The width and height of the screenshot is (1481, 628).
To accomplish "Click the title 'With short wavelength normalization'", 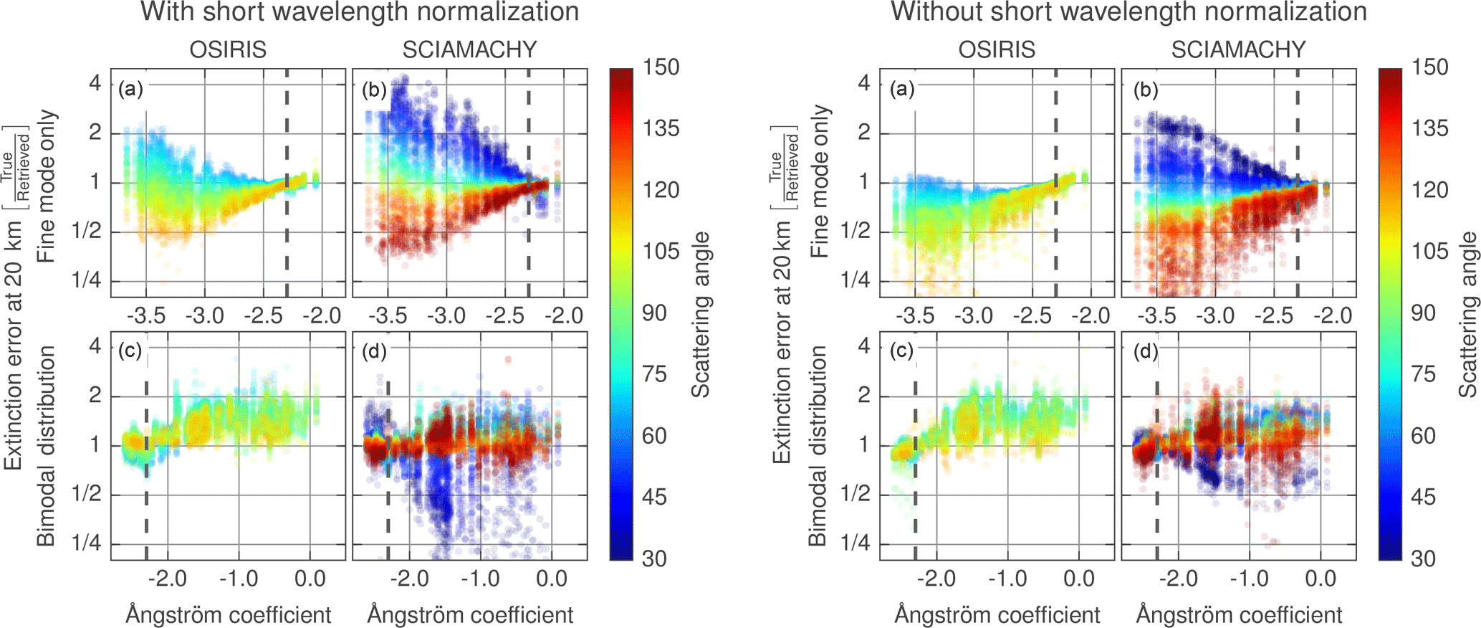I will pos(360,12).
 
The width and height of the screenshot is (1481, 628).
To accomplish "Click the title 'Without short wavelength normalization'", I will pos(1128,12).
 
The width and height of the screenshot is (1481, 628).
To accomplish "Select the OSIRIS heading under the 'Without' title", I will pos(997,49).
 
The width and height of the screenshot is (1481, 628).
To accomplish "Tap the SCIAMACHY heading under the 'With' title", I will pos(469,49).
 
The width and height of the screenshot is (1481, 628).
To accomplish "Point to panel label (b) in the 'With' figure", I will pos(374,90).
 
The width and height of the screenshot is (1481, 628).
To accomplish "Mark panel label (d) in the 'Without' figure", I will pos(1146,351).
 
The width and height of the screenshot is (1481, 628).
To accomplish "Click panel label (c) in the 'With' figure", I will pos(131,351).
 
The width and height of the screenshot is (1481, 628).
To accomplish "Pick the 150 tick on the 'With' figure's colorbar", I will pos(660,67).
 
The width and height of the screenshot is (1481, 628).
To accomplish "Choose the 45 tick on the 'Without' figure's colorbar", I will pos(1423,497).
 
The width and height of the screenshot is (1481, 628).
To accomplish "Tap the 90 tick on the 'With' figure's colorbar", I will pos(654,313).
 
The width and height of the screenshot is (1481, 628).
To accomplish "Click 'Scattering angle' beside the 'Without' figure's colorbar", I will pos(1468,314).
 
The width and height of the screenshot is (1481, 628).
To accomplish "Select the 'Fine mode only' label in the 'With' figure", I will pos(47,186).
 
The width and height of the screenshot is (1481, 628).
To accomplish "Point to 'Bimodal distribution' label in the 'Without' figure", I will pos(818,446).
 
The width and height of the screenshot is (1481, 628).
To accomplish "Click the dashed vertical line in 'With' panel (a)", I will pos(287,179).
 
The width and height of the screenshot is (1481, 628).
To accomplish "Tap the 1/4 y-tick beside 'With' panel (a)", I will pos(86,280).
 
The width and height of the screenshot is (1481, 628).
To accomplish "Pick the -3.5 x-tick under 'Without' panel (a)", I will pos(916,315).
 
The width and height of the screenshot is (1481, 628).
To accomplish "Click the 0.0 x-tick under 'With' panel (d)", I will pos(552,579).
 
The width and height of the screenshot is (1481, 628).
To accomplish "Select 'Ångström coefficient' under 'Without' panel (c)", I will pos(997,614).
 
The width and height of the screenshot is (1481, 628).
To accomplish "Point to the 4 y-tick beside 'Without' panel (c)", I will pos(864,346).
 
